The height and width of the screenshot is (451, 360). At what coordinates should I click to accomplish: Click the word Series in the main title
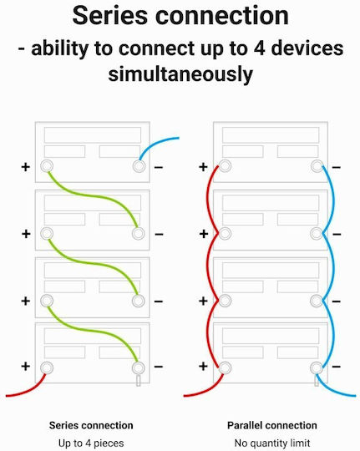click(x=109, y=16)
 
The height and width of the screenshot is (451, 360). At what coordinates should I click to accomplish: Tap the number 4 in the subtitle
click(x=259, y=48)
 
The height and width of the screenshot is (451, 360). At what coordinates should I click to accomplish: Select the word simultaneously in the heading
click(x=180, y=74)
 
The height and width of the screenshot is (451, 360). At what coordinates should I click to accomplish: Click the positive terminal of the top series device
click(x=47, y=166)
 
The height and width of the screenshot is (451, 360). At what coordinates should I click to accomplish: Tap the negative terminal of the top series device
click(x=139, y=166)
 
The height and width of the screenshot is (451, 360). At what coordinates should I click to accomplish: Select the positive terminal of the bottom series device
click(x=47, y=367)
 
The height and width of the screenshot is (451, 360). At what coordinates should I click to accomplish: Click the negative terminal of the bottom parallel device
click(x=317, y=367)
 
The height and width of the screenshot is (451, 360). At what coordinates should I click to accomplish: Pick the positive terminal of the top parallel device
click(x=225, y=166)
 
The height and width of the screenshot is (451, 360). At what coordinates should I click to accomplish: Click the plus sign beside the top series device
click(x=26, y=167)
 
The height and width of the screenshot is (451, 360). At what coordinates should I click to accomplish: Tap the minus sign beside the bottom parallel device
click(x=337, y=367)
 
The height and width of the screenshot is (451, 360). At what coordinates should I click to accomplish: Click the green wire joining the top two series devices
click(x=94, y=196)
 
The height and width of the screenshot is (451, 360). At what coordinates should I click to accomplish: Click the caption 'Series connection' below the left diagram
click(x=91, y=425)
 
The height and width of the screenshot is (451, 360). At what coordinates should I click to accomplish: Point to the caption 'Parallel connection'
click(x=272, y=425)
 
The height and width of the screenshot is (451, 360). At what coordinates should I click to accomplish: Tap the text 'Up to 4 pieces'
click(x=91, y=443)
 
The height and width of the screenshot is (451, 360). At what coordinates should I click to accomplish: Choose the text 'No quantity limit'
click(x=272, y=443)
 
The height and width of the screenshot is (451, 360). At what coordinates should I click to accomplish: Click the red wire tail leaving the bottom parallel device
click(x=205, y=390)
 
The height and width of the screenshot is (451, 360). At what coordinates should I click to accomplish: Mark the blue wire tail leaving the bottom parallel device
click(x=334, y=389)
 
